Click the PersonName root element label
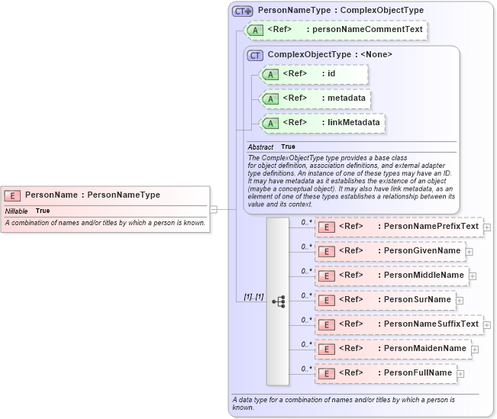(92, 195)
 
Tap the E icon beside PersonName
(13, 195)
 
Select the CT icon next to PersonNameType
(243, 11)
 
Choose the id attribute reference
(314, 74)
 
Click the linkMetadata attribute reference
(322, 123)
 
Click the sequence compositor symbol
(278, 301)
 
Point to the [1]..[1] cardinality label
(253, 296)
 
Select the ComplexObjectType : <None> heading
(319, 55)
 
